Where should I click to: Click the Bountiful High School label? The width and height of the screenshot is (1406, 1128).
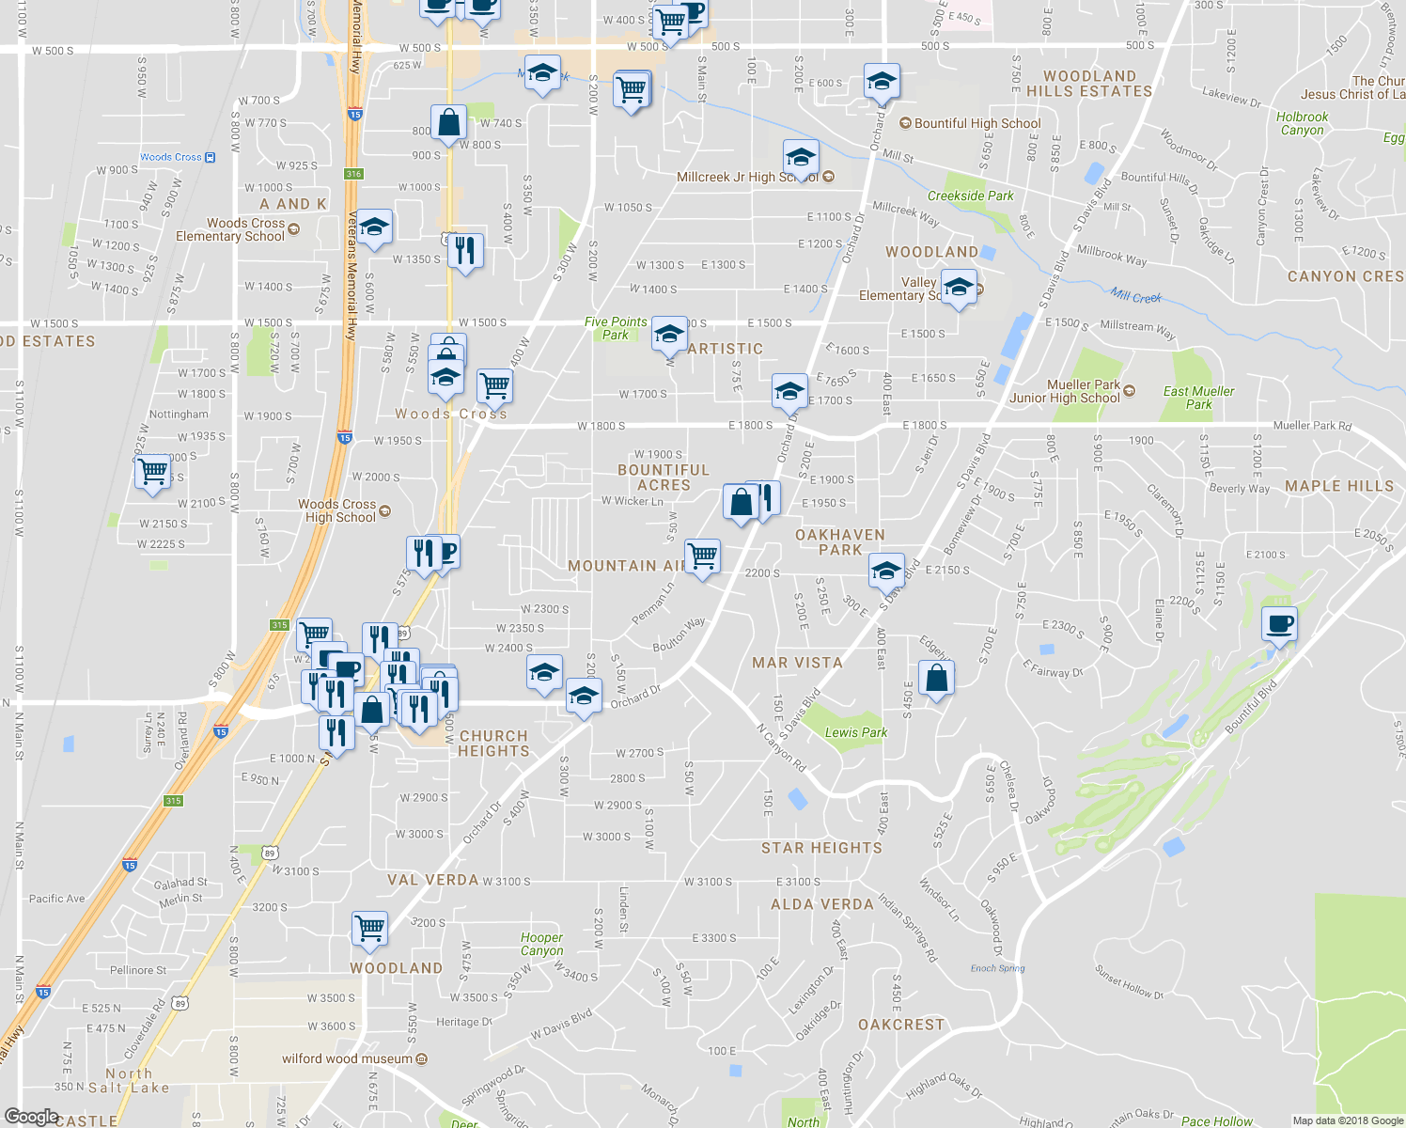click(977, 123)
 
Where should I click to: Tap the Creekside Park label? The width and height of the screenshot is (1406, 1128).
click(970, 196)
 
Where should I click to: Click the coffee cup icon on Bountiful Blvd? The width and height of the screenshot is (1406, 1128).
click(1279, 623)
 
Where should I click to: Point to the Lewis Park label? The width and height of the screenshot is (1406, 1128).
click(855, 732)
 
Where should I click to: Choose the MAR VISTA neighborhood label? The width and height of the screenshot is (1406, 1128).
click(797, 663)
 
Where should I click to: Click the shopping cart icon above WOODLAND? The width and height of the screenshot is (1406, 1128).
click(369, 927)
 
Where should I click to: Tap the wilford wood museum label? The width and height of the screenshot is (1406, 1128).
click(348, 1058)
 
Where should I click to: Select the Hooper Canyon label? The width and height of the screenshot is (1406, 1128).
click(542, 944)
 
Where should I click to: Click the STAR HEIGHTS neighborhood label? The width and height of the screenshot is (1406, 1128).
click(821, 848)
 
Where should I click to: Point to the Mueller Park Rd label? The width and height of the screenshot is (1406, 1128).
click(1312, 426)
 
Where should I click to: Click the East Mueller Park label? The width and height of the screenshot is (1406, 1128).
click(1198, 398)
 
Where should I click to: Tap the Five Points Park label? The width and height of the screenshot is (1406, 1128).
click(616, 328)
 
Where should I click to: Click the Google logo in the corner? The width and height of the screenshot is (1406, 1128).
click(31, 1116)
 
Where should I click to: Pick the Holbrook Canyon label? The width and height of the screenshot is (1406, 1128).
click(1302, 124)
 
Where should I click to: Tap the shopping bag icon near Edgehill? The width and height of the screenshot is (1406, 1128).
click(936, 678)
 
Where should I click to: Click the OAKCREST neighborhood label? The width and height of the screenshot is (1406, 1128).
click(900, 1025)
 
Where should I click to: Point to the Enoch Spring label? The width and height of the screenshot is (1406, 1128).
click(997, 968)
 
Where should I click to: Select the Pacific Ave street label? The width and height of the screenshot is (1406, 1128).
click(56, 899)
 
